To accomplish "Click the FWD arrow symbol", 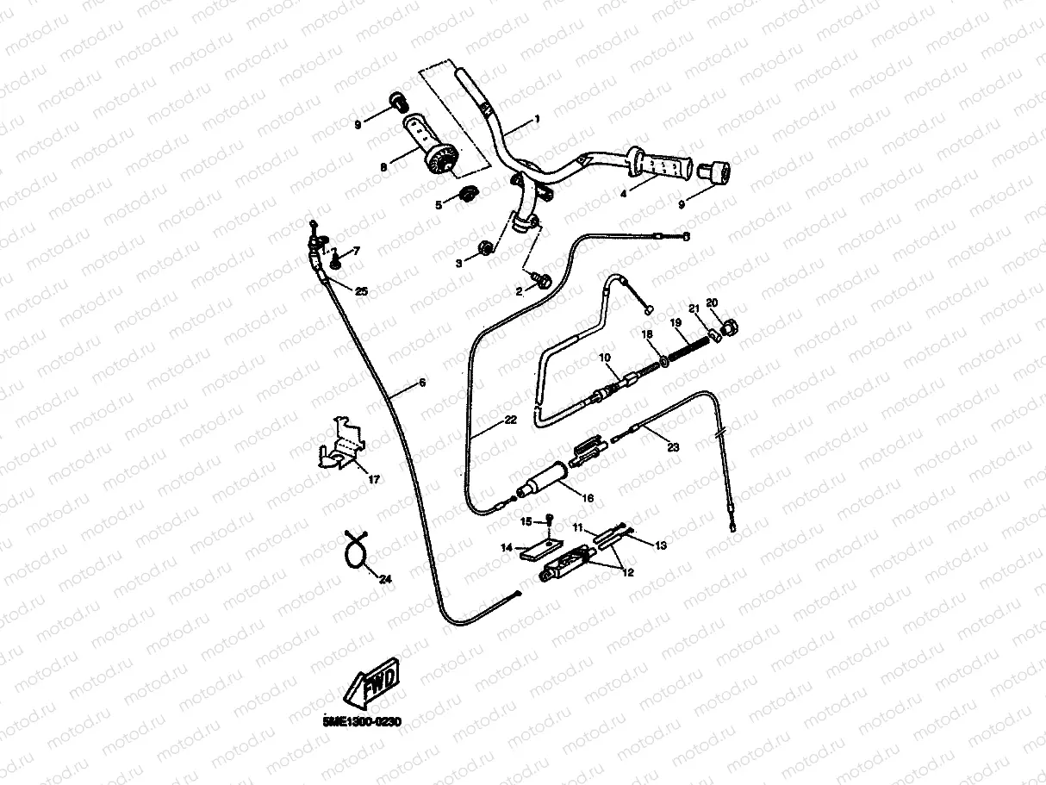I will (370, 688).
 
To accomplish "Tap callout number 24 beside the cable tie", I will (385, 579).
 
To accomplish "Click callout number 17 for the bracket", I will (373, 479).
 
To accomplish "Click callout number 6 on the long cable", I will (421, 382).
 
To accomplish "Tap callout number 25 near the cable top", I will (361, 292).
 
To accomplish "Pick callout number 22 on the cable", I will (510, 421).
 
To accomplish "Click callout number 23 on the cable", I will (673, 446).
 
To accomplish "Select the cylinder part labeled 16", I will (541, 478).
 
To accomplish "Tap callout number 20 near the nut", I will (711, 302).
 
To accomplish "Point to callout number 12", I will (626, 572).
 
